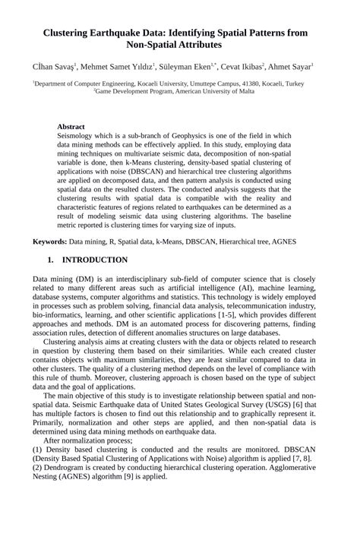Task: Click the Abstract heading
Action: [71, 127]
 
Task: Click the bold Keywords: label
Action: [49, 241]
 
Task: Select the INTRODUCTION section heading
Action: [94, 260]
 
